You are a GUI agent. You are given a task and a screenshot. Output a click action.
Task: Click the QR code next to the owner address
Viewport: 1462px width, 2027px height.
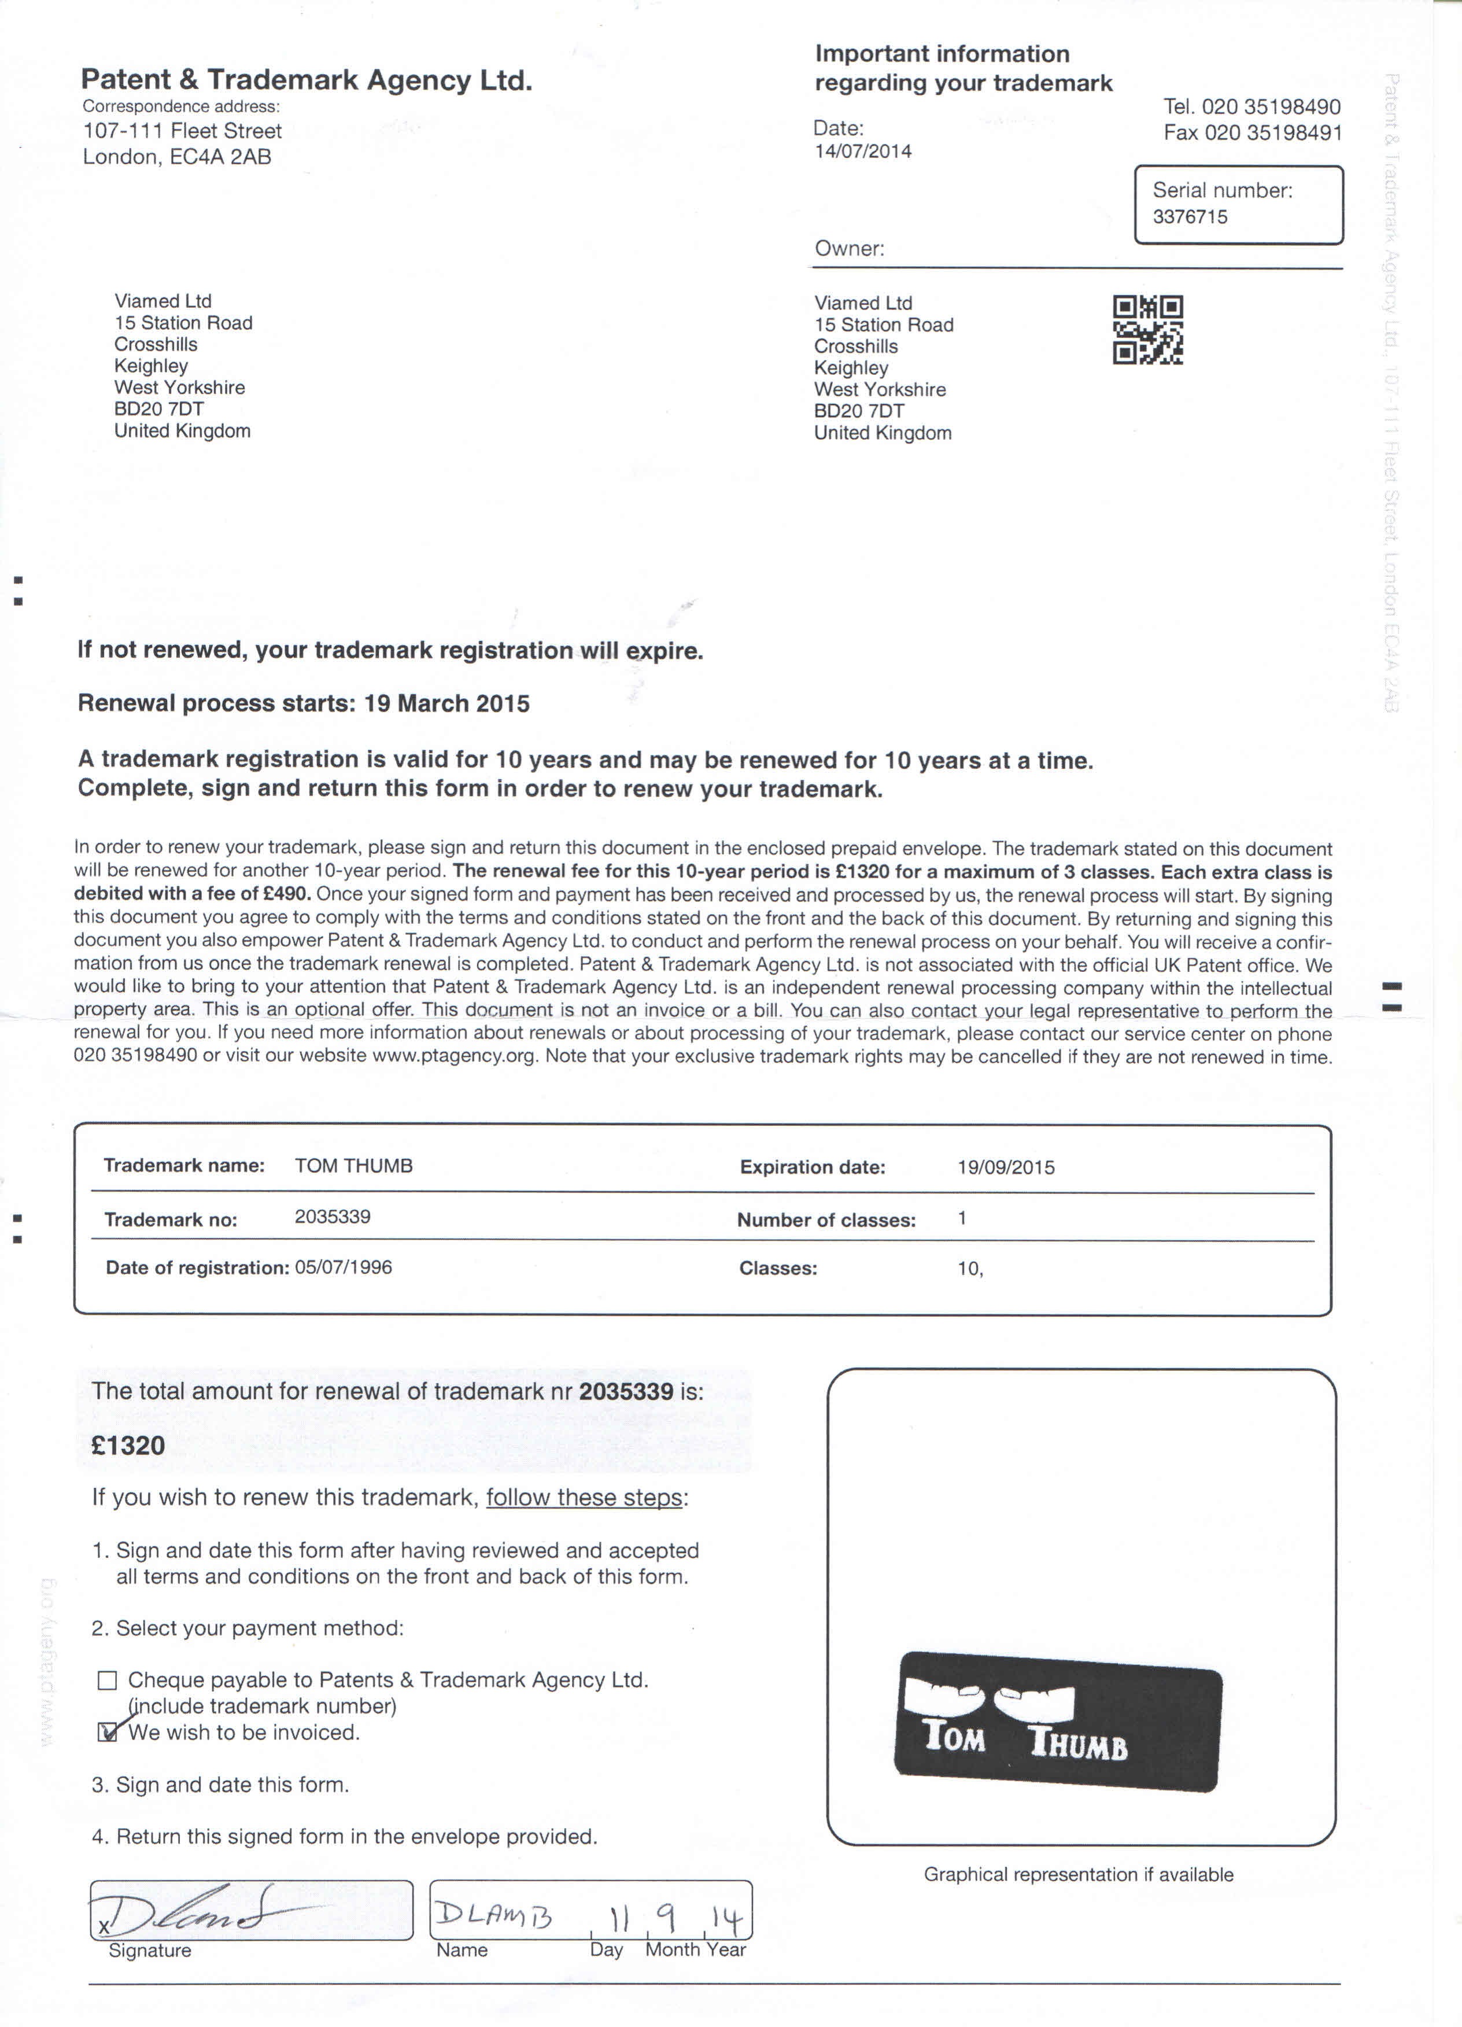[1147, 330]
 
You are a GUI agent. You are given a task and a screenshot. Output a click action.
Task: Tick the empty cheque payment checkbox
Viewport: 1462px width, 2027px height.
[107, 1680]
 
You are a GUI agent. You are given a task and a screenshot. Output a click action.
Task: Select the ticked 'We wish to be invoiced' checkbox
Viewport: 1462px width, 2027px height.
[107, 1732]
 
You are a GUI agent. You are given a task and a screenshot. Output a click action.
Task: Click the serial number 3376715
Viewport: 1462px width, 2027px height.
[1190, 217]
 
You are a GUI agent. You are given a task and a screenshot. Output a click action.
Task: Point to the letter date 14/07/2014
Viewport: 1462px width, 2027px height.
[862, 151]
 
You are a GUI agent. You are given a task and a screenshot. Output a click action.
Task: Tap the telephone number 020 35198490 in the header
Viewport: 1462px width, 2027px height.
[1270, 107]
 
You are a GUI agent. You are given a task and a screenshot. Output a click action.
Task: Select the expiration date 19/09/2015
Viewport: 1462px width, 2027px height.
[1005, 1167]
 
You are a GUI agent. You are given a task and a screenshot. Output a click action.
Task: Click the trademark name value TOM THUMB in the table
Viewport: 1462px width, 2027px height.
[354, 1166]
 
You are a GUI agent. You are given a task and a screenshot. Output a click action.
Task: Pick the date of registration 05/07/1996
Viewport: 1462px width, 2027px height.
[343, 1267]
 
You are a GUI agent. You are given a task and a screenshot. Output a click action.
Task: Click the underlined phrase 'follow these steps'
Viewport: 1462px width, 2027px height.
[585, 1497]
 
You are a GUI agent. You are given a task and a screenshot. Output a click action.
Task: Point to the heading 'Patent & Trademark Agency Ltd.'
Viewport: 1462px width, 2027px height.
[307, 80]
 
